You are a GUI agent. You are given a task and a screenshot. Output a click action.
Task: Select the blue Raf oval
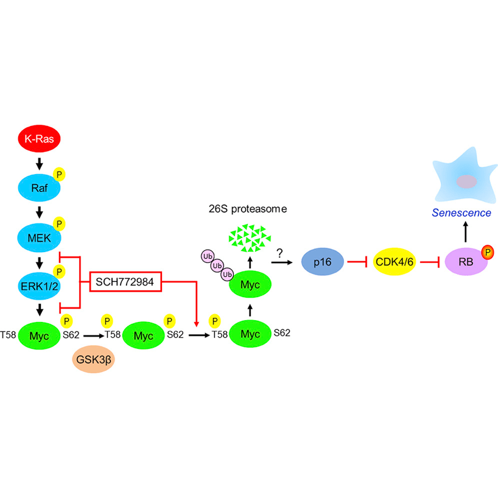pyautogui.click(x=40, y=188)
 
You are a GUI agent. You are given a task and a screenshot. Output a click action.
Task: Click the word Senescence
pyautogui.click(x=461, y=213)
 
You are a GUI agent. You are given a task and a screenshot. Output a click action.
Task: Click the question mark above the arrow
pyautogui.click(x=280, y=251)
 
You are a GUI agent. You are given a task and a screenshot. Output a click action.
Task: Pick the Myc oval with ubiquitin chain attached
pyautogui.click(x=250, y=283)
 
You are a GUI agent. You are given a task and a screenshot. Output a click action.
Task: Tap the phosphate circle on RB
pyautogui.click(x=486, y=251)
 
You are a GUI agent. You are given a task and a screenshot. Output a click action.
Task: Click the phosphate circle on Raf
pyautogui.click(x=59, y=175)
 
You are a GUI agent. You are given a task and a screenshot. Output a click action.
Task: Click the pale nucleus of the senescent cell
pyautogui.click(x=467, y=182)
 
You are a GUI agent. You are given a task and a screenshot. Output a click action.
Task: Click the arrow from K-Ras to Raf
pyautogui.click(x=40, y=164)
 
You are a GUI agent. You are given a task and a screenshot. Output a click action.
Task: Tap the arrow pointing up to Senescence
pyautogui.click(x=466, y=232)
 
